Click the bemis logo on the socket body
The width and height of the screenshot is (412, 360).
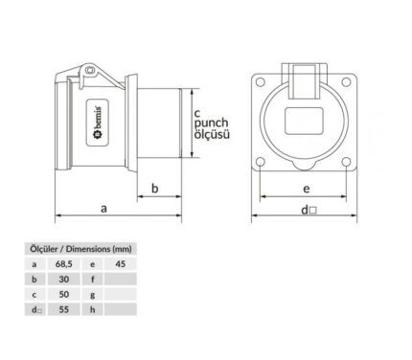coord(98,123)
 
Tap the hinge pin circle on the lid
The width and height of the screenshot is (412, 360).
coord(90,70)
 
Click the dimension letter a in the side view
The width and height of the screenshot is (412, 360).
coord(103,209)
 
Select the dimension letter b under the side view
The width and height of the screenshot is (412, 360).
coord(155,189)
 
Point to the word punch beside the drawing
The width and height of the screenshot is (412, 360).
coord(212,124)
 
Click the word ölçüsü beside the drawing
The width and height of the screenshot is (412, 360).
coord(212,134)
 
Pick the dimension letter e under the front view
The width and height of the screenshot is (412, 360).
coord(306,189)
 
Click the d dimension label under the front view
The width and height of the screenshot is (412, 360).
coord(309,210)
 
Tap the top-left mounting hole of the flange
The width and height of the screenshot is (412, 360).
coord(261,82)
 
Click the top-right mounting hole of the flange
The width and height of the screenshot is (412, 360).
coord(346,82)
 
